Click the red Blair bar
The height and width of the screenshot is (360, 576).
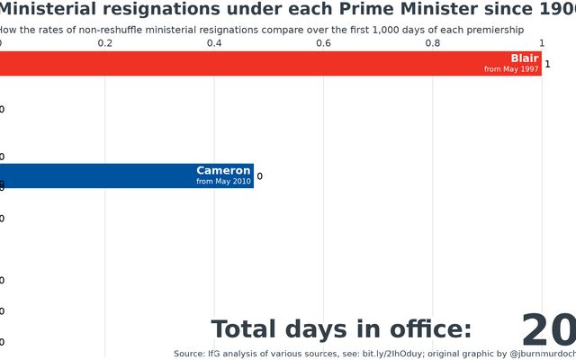click(270, 64)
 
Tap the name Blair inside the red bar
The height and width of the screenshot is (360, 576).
click(524, 58)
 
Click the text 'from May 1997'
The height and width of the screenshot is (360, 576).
click(511, 70)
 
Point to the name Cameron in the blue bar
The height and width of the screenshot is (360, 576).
click(223, 171)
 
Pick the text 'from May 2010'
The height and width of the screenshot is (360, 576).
click(223, 182)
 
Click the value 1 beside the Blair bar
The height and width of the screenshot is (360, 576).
click(547, 65)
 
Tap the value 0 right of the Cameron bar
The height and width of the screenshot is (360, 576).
click(259, 176)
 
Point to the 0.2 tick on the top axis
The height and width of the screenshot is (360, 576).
click(105, 43)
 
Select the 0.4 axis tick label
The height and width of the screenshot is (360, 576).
click(214, 43)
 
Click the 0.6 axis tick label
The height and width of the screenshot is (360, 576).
click(323, 43)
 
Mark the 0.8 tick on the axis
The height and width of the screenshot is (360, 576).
click(433, 43)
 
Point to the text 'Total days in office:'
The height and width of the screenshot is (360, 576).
click(341, 329)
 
